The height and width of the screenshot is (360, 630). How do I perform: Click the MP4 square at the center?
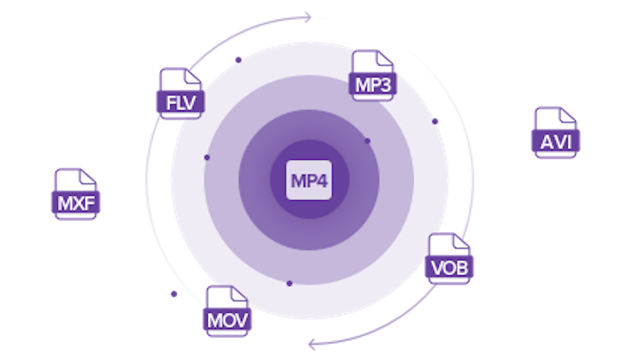(x=308, y=180)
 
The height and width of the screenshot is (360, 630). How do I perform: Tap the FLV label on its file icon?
(x=181, y=103)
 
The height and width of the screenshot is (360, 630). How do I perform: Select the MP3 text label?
(x=373, y=85)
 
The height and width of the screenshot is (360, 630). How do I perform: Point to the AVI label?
(x=556, y=142)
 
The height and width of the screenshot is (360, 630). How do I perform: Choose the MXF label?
(x=76, y=203)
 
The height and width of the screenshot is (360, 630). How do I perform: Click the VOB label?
(x=449, y=268)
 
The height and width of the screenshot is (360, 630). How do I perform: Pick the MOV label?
(x=227, y=320)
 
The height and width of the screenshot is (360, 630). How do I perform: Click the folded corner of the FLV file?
(x=193, y=76)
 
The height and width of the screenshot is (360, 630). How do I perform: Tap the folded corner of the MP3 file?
(x=385, y=58)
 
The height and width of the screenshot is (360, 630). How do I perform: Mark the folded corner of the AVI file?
(x=567, y=115)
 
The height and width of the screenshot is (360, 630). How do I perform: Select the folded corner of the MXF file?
(x=88, y=177)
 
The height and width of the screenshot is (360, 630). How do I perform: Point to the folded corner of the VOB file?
(x=460, y=241)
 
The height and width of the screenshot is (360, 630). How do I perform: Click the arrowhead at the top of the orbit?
(x=307, y=17)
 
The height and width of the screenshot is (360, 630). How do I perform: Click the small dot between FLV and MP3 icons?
(x=238, y=60)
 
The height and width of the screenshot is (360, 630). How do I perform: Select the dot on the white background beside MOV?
(x=174, y=294)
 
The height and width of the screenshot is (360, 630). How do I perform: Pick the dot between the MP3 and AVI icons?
(x=435, y=121)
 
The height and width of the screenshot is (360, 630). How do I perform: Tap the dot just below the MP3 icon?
(x=367, y=141)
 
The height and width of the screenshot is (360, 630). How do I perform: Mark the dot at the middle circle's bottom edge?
(x=289, y=283)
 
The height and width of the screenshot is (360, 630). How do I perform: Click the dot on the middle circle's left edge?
(x=207, y=157)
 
